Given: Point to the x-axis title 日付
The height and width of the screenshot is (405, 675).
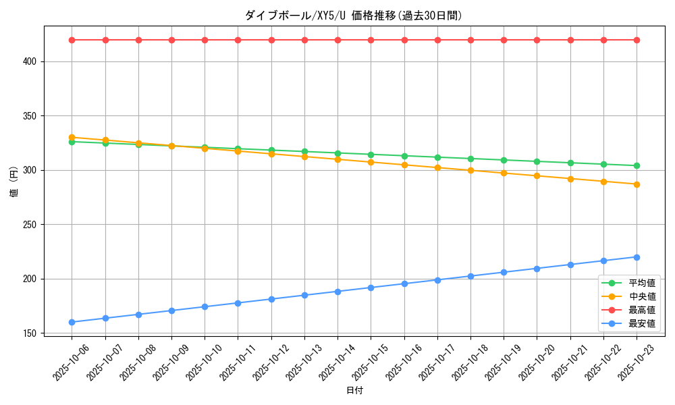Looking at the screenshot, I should click(x=354, y=391).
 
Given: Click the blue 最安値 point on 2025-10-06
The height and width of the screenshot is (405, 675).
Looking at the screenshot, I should click(x=72, y=322).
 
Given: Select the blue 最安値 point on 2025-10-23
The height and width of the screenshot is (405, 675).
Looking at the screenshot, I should click(x=637, y=257).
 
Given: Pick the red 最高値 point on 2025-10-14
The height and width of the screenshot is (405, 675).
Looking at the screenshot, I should click(x=337, y=40).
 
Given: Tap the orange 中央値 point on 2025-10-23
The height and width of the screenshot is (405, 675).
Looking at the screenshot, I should click(x=637, y=184).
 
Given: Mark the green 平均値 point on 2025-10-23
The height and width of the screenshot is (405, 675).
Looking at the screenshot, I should click(x=637, y=165).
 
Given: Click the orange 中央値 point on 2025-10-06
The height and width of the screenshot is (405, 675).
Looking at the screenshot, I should click(x=72, y=137).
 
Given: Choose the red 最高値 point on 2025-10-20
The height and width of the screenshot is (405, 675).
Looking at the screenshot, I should click(x=537, y=40).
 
